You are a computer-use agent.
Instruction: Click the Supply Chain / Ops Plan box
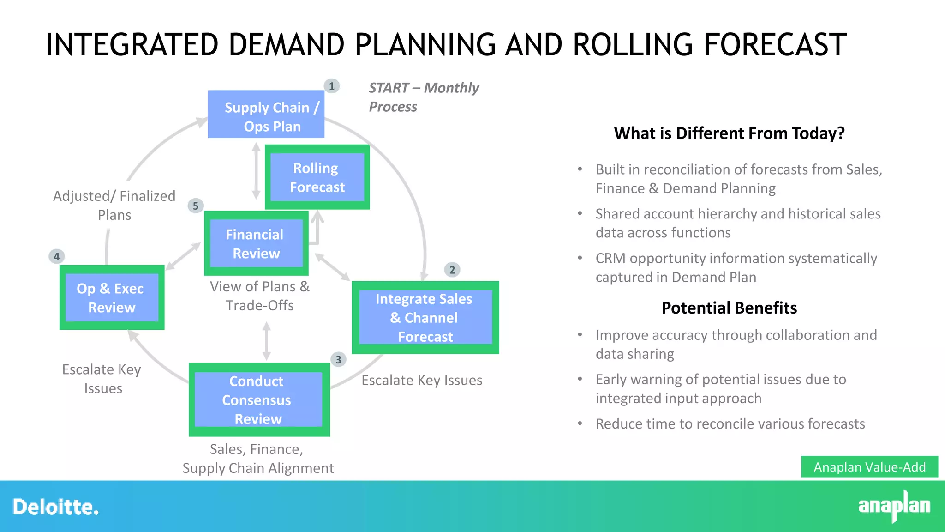(266, 114)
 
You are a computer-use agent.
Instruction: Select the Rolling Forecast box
(317, 177)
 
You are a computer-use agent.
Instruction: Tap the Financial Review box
(256, 243)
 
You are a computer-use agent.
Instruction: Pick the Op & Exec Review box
(112, 297)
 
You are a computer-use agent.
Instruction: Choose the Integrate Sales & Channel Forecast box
(425, 318)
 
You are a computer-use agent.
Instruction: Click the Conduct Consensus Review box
(259, 400)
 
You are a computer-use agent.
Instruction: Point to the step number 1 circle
(331, 86)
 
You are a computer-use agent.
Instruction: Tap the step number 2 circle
(452, 270)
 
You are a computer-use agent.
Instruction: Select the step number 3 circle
(338, 359)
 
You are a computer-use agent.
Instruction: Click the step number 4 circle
(56, 256)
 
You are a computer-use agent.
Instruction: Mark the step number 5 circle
(196, 206)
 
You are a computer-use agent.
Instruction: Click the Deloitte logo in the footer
(55, 507)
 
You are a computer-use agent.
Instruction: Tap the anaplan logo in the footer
(894, 506)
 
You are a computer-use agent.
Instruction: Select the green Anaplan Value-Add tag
(869, 467)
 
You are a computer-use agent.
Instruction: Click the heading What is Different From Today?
(729, 133)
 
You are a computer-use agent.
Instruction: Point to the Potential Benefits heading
(729, 308)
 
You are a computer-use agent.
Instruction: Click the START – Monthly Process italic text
(423, 97)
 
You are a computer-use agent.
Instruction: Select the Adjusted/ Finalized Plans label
(114, 205)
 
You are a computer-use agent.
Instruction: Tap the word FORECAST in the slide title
(775, 45)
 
